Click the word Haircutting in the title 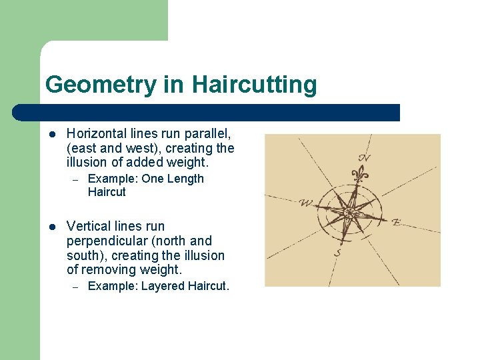tap(254, 85)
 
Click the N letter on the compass tap(365, 158)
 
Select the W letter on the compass tap(306, 203)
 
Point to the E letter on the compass tap(396, 222)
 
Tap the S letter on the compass tap(338, 253)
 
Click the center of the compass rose tap(349, 213)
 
